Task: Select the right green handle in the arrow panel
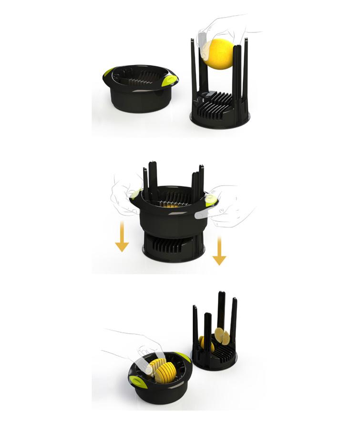(210, 201)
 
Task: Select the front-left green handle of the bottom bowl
(136, 381)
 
